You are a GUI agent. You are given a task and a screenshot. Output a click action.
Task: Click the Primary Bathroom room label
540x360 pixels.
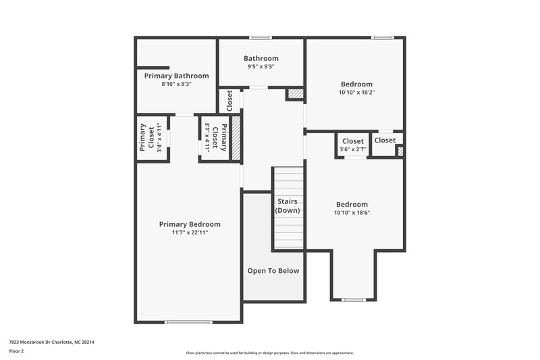coord(176,76)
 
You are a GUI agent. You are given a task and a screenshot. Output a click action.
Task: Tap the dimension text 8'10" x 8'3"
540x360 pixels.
coord(176,84)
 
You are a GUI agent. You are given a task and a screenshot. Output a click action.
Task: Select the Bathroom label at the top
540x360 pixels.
coord(261,59)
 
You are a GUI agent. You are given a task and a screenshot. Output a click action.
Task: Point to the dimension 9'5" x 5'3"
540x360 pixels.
coord(261,67)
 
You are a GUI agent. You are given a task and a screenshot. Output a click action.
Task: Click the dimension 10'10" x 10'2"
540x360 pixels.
coord(356,93)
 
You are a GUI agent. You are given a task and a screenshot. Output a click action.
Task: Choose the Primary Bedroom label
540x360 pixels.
coord(190,224)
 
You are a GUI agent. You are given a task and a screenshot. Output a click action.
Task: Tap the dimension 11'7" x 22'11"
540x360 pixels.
coord(190,233)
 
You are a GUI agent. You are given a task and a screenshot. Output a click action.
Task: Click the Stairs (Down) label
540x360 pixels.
coord(288,206)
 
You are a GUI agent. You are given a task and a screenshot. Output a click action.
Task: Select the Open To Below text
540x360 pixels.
coord(273,271)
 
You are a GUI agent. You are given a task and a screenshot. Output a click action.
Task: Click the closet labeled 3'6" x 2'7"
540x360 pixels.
coord(353,144)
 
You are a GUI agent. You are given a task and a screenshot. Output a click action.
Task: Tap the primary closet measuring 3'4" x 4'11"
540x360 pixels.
coord(152,138)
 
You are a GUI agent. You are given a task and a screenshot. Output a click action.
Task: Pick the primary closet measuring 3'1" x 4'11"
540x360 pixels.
coord(215,138)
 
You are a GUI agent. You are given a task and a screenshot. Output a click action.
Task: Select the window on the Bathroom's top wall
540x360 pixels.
coord(261,37)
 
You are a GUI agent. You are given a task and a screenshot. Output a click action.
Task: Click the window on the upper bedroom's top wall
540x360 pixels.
coord(382,37)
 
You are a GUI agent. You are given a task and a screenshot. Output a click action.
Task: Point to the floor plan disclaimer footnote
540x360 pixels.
coord(269,353)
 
